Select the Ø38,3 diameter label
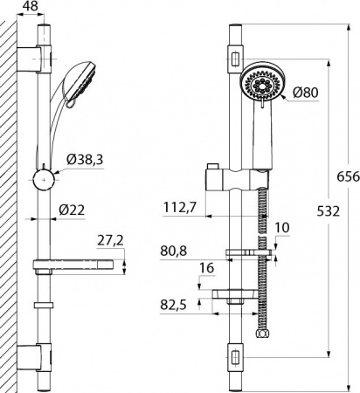tap(87, 162)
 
